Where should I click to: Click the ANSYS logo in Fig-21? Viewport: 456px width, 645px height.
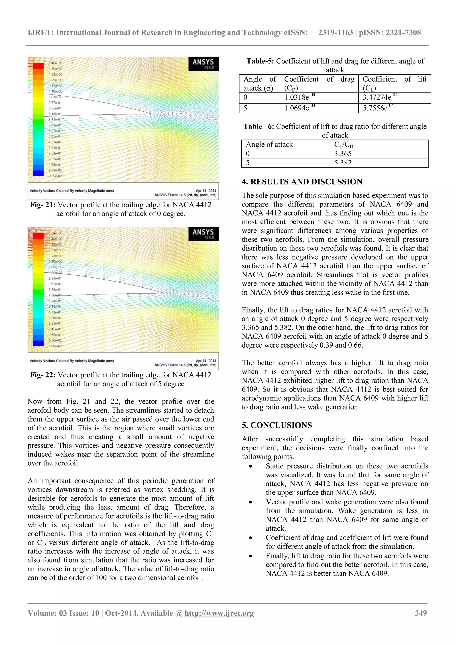pyautogui.click(x=203, y=63)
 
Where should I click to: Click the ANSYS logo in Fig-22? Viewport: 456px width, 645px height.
pyautogui.click(x=203, y=233)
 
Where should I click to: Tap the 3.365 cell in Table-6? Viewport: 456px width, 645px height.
pyautogui.click(x=343, y=154)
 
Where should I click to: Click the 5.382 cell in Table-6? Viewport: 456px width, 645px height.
pyautogui.click(x=343, y=163)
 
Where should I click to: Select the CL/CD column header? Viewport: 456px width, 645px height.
pyautogui.click(x=343, y=145)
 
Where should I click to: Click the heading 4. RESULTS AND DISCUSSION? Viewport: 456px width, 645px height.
pyautogui.click(x=302, y=182)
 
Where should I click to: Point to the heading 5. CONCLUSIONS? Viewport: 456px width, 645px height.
pyautogui.click(x=277, y=425)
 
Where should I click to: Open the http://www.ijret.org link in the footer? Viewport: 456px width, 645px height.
pyautogui.click(x=219, y=613)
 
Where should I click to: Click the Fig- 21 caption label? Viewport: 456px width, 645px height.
pyautogui.click(x=43, y=205)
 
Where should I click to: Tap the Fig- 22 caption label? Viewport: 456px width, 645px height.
pyautogui.click(x=43, y=375)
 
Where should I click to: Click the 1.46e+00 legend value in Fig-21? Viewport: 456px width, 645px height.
pyautogui.click(x=56, y=63)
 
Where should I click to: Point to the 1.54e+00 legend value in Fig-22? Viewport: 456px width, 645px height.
pyautogui.click(x=56, y=233)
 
